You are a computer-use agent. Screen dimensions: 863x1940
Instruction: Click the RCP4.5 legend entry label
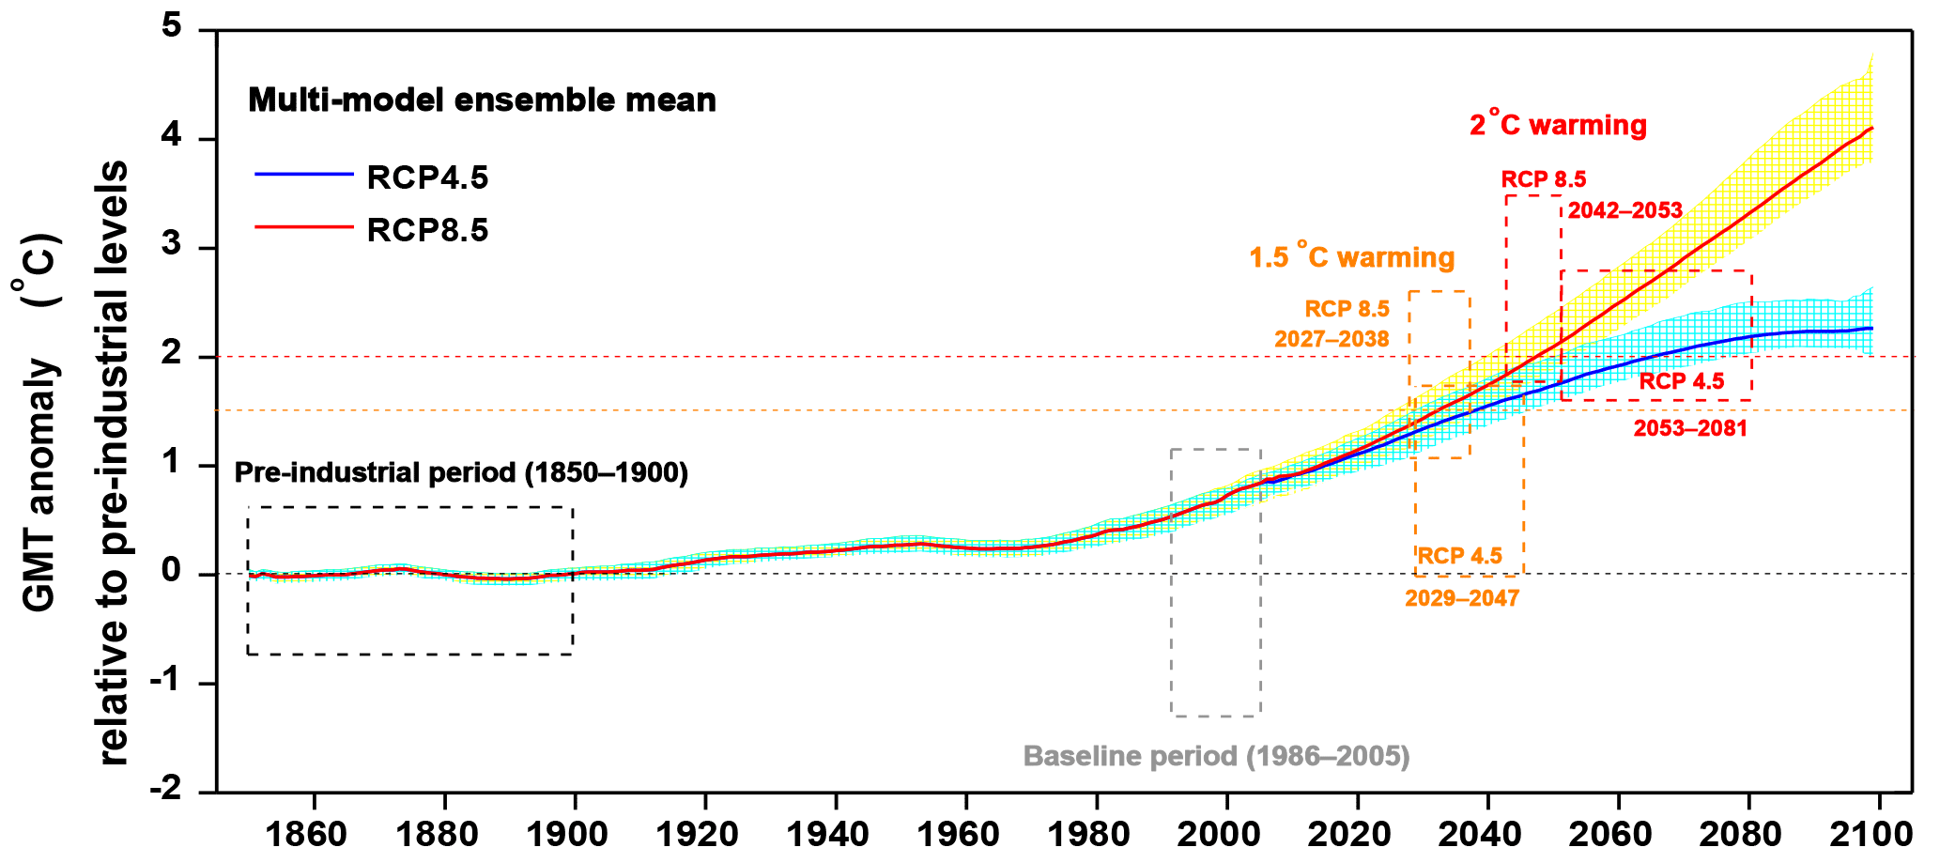click(427, 177)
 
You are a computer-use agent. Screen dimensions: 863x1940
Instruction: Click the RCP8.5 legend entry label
click(427, 230)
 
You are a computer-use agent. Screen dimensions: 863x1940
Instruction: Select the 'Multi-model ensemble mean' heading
click(482, 100)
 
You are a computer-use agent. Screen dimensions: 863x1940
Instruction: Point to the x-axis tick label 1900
click(574, 834)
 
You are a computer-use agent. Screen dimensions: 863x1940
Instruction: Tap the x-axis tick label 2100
click(1878, 834)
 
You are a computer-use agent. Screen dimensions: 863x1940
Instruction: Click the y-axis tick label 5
click(171, 27)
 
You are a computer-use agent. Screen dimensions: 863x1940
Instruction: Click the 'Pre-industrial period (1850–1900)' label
click(461, 472)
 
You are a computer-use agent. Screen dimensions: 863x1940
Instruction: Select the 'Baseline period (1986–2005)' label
click(1216, 756)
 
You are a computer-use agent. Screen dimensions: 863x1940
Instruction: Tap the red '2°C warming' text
click(1558, 125)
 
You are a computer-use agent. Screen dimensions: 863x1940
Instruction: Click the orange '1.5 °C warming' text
click(1351, 257)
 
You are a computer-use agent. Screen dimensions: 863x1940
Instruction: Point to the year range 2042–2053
click(1625, 210)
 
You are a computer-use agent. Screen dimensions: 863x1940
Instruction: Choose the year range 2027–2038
click(1332, 339)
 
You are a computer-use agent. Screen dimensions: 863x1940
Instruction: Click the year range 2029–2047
click(1462, 598)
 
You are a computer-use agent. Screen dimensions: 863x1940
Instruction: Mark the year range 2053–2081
click(1690, 429)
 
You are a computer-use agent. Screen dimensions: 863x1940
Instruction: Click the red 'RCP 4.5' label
click(1682, 381)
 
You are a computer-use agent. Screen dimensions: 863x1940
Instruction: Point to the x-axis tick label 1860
click(313, 834)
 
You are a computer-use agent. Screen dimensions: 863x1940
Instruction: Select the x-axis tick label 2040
click(1487, 834)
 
